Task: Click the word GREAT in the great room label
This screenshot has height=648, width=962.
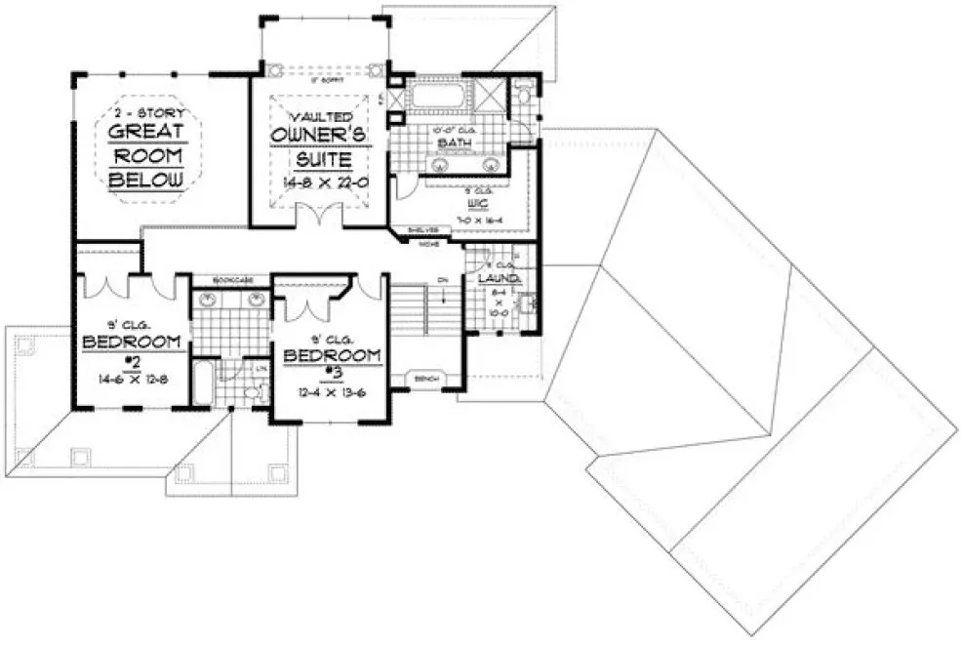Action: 145,133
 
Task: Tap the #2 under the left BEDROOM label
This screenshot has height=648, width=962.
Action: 132,360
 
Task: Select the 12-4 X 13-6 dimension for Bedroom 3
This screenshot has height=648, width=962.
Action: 332,391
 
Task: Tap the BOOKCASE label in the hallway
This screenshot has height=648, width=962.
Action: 230,280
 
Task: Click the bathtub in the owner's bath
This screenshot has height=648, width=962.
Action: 435,99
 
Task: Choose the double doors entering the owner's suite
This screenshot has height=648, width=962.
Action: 318,213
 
